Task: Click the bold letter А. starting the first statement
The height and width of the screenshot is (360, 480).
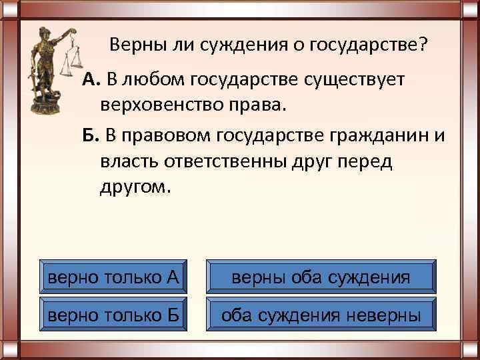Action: (x=91, y=81)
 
